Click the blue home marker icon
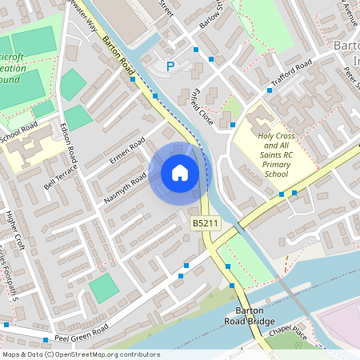point(180,173)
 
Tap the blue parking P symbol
point(170,66)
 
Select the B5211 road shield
point(206,222)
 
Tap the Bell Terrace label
point(61,186)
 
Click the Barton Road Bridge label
point(256,317)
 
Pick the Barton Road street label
point(117,59)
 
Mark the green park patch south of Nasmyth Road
point(104,288)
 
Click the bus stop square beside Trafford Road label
point(270,90)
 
